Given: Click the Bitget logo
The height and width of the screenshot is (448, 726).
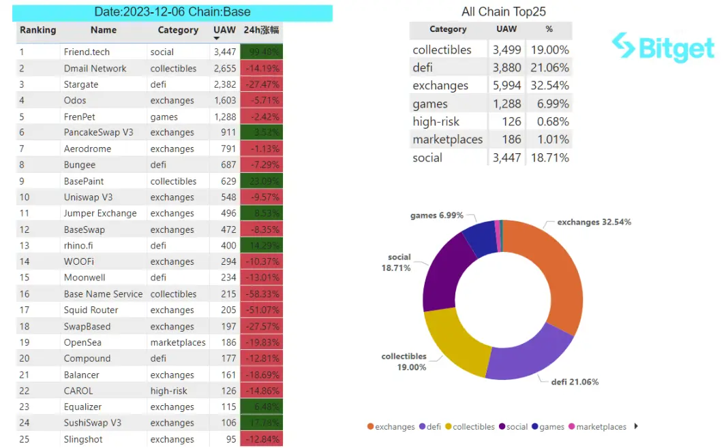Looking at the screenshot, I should click(x=663, y=48).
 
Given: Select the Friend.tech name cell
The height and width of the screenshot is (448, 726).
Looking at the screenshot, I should click(x=87, y=52).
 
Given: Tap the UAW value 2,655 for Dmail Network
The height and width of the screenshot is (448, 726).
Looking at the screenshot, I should click(x=224, y=69).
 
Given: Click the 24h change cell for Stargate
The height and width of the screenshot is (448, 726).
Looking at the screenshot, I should click(x=262, y=84).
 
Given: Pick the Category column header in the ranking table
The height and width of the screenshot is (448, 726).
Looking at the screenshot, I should click(x=178, y=30).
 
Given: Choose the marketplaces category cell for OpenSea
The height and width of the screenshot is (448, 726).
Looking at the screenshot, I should click(x=178, y=342).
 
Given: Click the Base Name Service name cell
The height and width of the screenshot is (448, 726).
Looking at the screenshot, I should click(x=103, y=294).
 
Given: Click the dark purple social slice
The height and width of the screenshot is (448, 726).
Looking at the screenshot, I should click(x=440, y=279).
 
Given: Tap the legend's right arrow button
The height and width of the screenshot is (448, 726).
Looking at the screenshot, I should click(x=636, y=426).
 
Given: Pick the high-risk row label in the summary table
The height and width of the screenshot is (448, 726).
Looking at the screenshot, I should click(x=436, y=122).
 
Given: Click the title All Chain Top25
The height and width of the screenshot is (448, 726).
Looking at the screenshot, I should click(x=503, y=12).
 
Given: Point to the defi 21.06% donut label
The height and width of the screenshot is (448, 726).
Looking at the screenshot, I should click(x=575, y=382).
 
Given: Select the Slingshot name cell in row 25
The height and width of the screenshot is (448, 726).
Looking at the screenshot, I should click(x=83, y=439).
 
